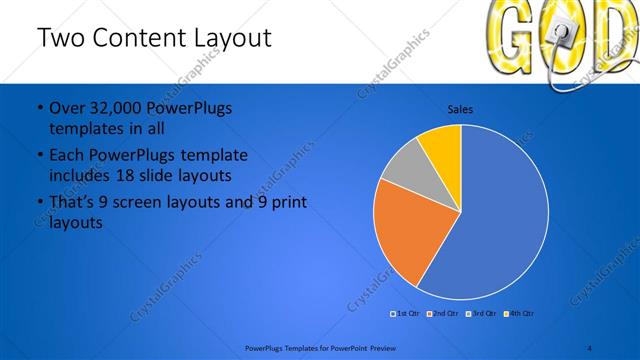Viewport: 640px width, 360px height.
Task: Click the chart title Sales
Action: [x=460, y=109]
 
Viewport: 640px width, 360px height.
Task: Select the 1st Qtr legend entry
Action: [x=405, y=314]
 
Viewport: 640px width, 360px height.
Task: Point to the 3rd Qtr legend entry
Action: [x=481, y=314]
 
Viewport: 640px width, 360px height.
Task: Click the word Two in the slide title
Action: [x=61, y=39]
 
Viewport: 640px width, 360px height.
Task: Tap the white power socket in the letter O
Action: [x=562, y=38]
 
